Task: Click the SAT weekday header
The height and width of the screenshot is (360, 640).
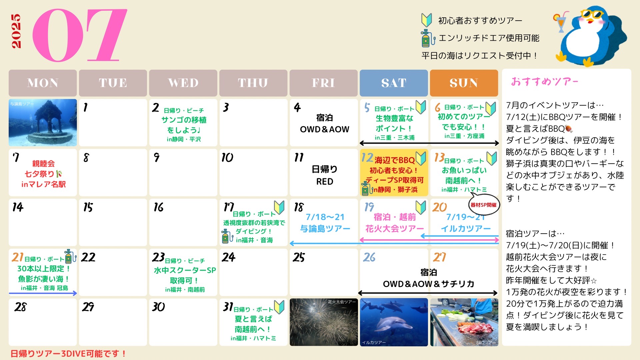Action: [x=394, y=83]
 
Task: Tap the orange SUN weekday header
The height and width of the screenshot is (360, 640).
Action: [x=464, y=83]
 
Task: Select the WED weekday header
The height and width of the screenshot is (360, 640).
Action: [x=183, y=83]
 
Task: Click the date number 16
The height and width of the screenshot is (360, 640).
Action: [x=158, y=207]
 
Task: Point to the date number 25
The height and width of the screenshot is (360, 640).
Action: [x=299, y=257]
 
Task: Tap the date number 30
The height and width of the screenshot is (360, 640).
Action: [x=158, y=307]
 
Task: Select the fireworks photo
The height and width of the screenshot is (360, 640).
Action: [x=324, y=322]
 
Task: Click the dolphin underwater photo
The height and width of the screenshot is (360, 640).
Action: [x=394, y=322]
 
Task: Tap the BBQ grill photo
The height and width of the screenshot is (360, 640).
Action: [x=464, y=322]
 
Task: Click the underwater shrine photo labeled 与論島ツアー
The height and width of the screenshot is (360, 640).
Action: [x=43, y=122]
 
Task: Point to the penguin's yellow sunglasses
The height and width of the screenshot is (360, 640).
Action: [x=592, y=14]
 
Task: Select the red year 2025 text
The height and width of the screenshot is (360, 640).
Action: [x=16, y=31]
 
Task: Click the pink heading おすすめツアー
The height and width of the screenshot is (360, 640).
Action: [x=545, y=82]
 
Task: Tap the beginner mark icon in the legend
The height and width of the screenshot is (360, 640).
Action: [x=427, y=20]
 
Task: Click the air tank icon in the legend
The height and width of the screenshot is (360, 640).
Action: [x=427, y=38]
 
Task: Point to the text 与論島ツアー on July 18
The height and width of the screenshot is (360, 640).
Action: [x=325, y=229]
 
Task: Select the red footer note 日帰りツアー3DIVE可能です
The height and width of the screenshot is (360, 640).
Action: [x=68, y=354]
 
